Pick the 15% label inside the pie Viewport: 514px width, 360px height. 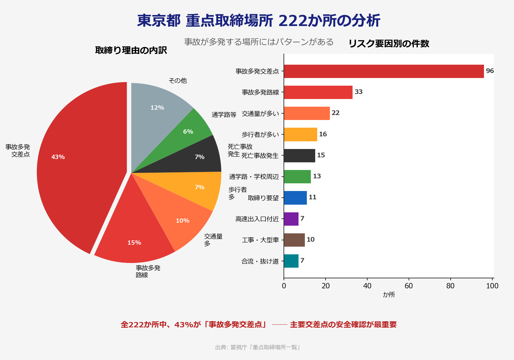click(134, 243)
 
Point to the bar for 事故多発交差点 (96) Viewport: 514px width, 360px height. click(384, 71)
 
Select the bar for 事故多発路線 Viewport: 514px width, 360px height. click(318, 92)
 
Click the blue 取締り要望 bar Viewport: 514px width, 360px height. click(295, 198)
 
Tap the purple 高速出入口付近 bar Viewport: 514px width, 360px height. click(291, 219)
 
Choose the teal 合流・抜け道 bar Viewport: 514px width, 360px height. click(291, 261)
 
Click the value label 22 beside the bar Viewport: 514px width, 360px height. click(336, 113)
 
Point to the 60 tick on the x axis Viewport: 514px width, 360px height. click(409, 286)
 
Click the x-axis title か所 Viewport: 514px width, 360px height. click(389, 295)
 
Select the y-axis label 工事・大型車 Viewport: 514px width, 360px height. click(260, 240)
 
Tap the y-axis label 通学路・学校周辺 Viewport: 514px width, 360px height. click(254, 177)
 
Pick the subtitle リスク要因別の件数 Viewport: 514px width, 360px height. click(389, 44)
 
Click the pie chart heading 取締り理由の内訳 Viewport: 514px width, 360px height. click(131, 50)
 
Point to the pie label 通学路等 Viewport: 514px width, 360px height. click(224, 115)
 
